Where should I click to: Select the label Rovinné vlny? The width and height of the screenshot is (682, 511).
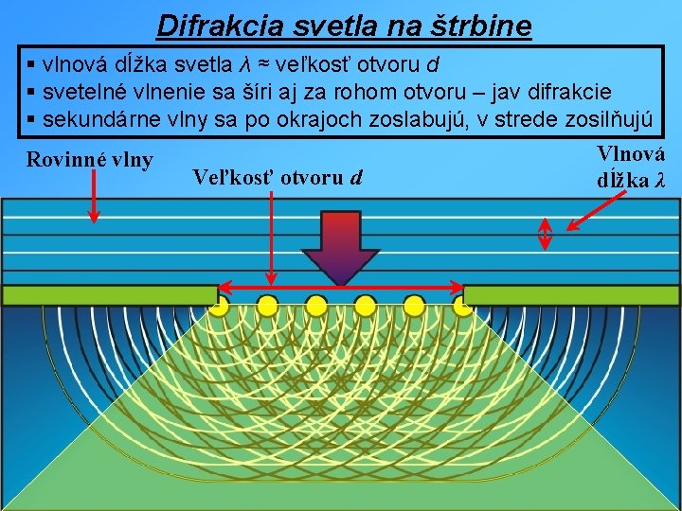[90, 159]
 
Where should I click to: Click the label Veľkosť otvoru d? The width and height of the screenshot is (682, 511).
[277, 176]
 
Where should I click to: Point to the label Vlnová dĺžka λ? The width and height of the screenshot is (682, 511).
[630, 167]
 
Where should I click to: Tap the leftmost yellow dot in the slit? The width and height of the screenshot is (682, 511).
[219, 304]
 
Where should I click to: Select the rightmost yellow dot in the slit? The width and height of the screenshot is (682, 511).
[463, 304]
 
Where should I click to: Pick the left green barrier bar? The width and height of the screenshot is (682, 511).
[109, 295]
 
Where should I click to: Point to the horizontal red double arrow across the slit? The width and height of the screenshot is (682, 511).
[341, 286]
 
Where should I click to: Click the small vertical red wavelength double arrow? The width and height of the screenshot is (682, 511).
[546, 236]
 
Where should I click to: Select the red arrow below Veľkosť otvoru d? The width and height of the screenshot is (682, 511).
[272, 237]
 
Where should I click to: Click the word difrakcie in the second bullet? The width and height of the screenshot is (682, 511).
[573, 92]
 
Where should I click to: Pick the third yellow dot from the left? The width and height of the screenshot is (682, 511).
[316, 304]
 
